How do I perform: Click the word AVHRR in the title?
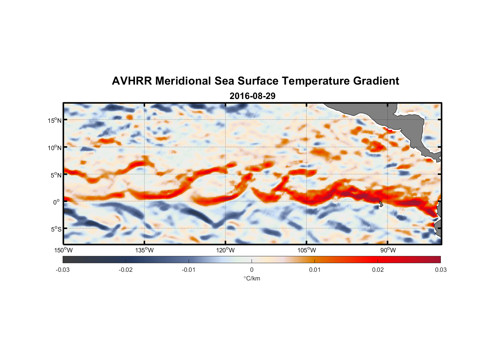coord(131,81)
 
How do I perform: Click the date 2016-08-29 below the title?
coord(252,96)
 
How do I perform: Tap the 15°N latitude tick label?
coord(54,120)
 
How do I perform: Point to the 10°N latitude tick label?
coord(54,148)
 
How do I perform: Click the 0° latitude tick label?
coord(57,202)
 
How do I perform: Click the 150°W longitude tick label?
coord(63,250)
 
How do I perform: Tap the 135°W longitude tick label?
coord(144,250)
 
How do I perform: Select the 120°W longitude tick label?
coord(225,250)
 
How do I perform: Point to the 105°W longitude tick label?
coord(307,250)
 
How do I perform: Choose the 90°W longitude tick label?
coord(388,250)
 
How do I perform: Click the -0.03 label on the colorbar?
coord(63,270)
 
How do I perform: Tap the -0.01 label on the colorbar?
coord(189,270)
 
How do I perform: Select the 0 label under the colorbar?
coord(252,270)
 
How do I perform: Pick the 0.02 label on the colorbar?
coord(378,270)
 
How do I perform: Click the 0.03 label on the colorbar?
coord(440,270)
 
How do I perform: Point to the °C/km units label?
coord(252,278)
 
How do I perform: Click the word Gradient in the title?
coord(376,81)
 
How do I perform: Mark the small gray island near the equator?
coord(381,204)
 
